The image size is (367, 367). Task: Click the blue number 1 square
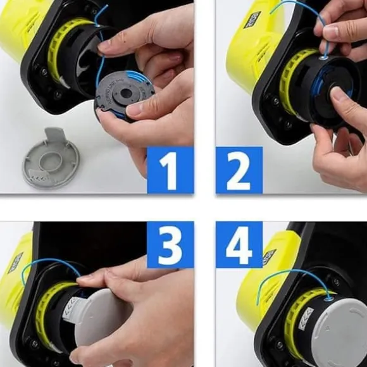170,170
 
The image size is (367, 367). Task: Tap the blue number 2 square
239,170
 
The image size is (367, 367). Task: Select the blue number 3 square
170,245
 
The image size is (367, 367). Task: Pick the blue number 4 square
239,245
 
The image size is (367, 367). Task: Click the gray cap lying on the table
51,159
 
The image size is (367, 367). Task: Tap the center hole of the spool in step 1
127,93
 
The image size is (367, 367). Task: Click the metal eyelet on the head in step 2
324,57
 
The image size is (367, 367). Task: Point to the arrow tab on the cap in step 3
72,308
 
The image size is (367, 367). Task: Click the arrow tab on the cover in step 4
306,318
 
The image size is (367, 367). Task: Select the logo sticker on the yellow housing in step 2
252,20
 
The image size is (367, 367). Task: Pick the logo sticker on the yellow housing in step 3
15,263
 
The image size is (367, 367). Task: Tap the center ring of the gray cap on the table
51,161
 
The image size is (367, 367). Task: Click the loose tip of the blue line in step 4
258,304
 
